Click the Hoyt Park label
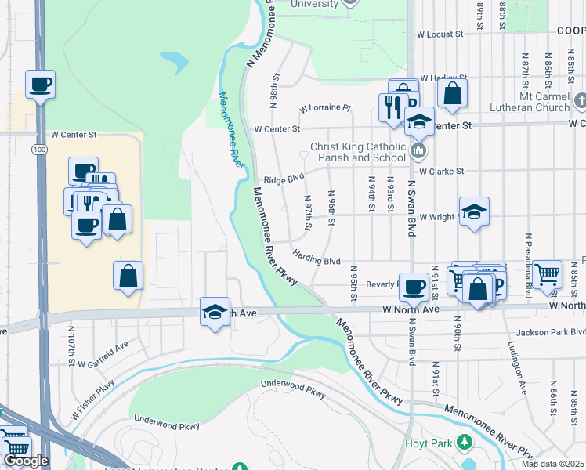(431, 444)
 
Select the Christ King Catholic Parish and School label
(361, 152)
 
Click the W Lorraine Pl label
(325, 109)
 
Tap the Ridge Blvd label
(284, 179)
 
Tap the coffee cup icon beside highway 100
(40, 84)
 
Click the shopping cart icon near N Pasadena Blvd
(548, 274)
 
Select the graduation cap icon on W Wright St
(474, 211)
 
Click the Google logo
(26, 461)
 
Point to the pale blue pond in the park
(175, 61)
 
